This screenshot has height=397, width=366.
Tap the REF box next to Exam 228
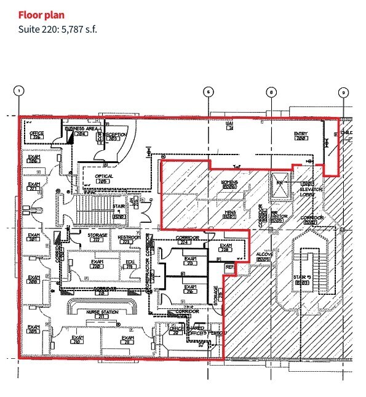[x=230, y=267]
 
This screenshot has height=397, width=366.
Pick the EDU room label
[x=130, y=263]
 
